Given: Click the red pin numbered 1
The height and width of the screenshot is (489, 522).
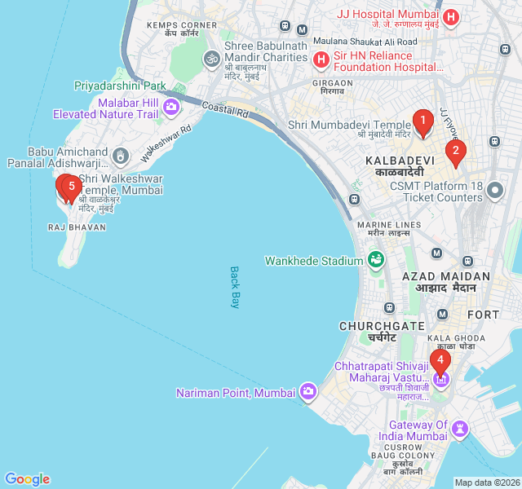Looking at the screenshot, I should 422,122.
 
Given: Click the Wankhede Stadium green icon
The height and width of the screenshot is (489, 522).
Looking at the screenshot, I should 376,260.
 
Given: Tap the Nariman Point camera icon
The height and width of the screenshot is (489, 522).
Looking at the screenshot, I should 307,392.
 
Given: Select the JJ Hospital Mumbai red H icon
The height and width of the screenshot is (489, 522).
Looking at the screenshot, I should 450,16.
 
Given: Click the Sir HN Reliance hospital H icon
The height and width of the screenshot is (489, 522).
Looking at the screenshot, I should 321,59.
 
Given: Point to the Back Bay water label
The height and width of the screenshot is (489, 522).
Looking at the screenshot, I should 235,287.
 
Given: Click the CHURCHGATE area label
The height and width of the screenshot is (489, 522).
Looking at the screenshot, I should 370,326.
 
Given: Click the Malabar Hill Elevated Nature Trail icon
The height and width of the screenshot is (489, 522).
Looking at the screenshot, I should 171,107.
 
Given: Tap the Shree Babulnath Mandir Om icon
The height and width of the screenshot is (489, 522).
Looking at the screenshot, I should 211,59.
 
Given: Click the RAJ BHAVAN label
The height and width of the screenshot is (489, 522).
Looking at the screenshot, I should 77,227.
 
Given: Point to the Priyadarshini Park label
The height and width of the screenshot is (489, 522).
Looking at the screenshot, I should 120,86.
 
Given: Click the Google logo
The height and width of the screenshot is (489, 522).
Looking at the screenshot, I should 27,479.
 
